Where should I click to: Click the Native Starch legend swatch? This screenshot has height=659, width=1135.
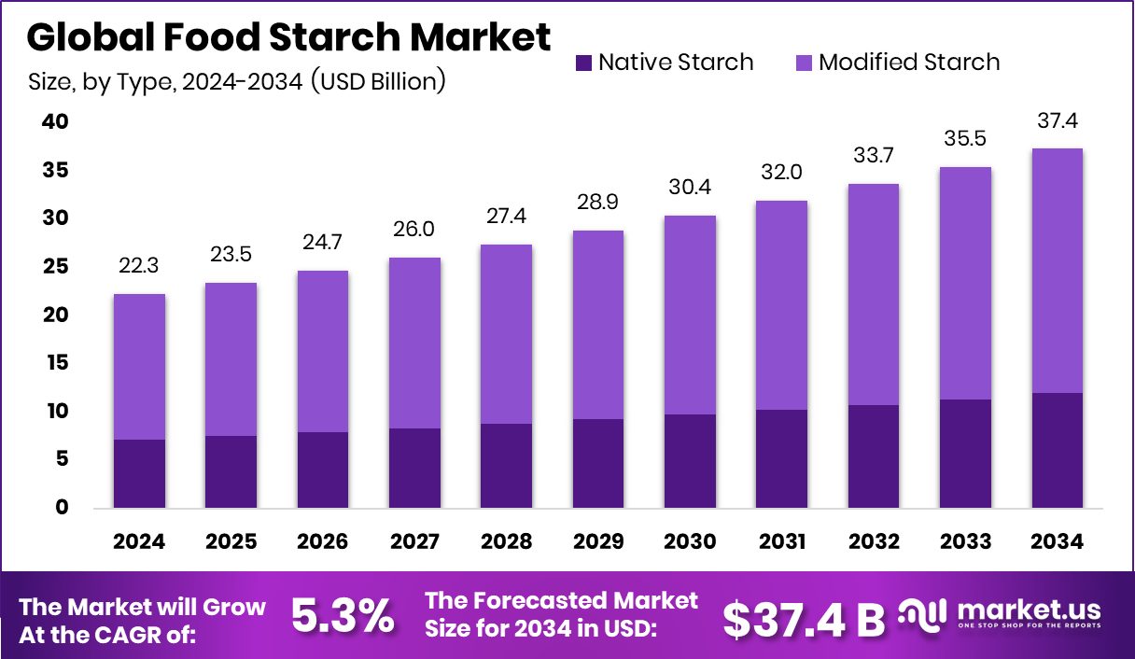[x=583, y=63]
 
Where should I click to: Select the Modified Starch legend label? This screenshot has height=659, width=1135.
[x=908, y=63]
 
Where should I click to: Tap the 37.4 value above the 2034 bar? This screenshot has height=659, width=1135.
[x=1058, y=121]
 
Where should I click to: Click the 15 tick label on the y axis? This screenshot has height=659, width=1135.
[x=56, y=363]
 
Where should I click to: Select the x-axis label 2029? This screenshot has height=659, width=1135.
[x=599, y=542]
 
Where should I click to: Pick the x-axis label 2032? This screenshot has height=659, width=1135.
[x=875, y=542]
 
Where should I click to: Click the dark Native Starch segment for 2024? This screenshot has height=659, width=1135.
[x=140, y=473]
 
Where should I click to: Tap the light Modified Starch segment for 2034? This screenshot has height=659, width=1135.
[x=1058, y=271]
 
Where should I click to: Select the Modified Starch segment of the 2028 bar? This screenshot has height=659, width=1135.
[x=507, y=334]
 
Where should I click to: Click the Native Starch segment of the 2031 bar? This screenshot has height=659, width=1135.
[x=782, y=458]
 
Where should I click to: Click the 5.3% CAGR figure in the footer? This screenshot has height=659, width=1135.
[x=343, y=617]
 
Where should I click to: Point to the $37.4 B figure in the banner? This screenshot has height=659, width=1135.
[x=804, y=618]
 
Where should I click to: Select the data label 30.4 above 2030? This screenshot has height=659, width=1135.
[x=691, y=189]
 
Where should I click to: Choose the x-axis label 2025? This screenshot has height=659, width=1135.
[x=231, y=542]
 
